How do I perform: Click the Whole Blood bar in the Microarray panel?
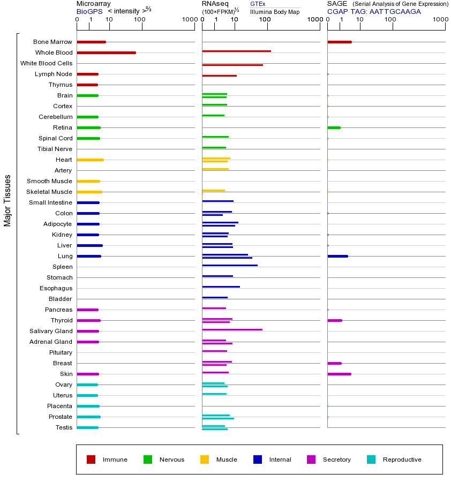pos(106,52)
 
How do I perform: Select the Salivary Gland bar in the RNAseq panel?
pos(232,330)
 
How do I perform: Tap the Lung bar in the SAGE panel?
pos(337,256)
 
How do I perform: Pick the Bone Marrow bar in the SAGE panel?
pos(339,42)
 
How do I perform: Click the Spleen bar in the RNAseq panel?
pos(230,265)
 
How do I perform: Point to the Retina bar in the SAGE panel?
pos(334,127)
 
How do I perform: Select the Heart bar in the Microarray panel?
pos(90,160)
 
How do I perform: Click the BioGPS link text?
pos(89,11)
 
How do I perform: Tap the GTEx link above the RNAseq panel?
pos(258,4)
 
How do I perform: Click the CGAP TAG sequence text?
pos(374,11)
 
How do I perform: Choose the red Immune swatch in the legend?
pos(91,460)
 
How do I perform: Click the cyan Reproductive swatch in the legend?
pos(371,460)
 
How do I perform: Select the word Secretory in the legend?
pos(336,460)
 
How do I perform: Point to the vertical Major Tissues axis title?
pos(7,200)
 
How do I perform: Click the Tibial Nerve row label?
pos(55,149)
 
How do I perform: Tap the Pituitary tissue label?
pos(61,352)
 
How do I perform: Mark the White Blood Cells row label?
pos(46,63)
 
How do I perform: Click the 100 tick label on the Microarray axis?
pos(139,20)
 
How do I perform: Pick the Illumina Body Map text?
pos(275,12)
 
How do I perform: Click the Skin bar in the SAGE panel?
pos(339,374)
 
